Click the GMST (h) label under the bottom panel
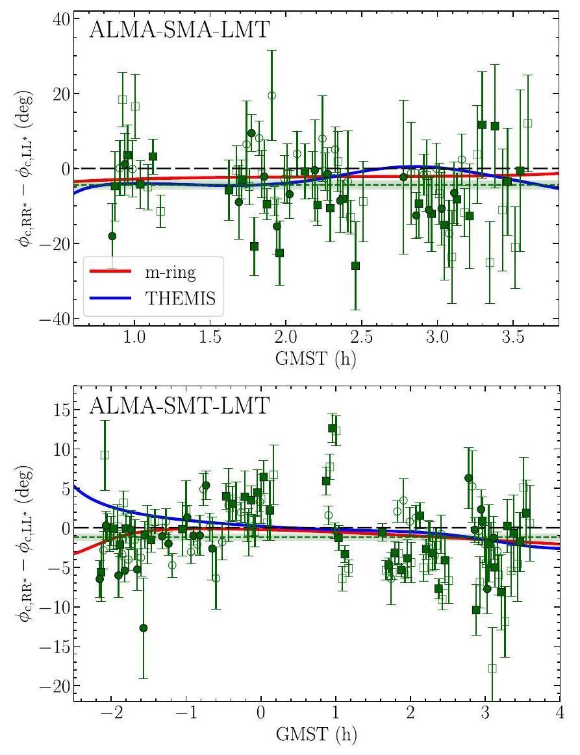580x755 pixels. pyautogui.click(x=316, y=737)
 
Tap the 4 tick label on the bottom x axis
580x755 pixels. pyautogui.click(x=559, y=715)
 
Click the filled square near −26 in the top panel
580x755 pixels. pyautogui.click(x=355, y=266)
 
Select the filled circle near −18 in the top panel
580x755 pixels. pyautogui.click(x=112, y=236)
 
